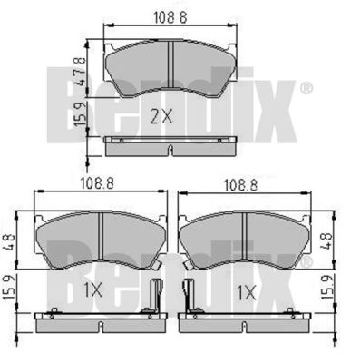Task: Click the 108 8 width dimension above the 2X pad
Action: pos(170,17)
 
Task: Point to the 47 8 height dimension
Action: pos(80,72)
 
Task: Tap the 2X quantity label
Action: pos(161,117)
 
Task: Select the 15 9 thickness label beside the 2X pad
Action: pos(80,114)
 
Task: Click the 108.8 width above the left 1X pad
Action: pos(97,183)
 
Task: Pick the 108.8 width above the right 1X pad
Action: pos(240,185)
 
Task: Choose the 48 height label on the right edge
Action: pos(326,240)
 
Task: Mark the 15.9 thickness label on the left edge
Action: pos(9,288)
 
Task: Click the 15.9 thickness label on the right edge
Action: pos(327,287)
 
